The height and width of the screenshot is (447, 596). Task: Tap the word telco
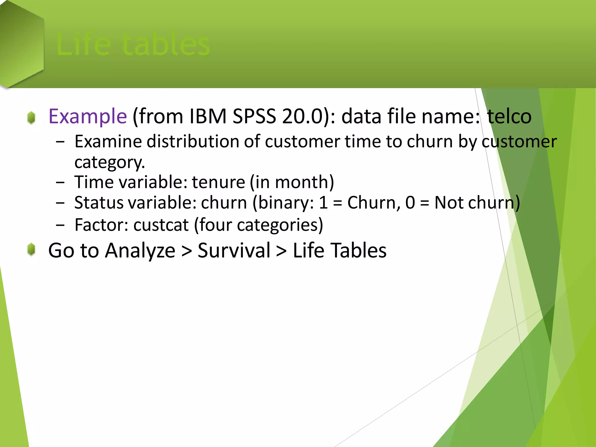(x=509, y=116)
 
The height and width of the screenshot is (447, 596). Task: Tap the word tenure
(x=218, y=182)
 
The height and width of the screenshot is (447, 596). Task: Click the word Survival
(x=234, y=251)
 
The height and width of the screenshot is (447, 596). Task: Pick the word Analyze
(x=140, y=251)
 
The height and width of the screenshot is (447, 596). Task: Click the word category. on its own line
(x=109, y=162)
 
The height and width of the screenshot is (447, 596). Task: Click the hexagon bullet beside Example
(x=31, y=118)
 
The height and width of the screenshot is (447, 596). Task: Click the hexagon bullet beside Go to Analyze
(x=31, y=250)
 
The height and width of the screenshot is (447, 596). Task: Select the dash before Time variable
(x=60, y=183)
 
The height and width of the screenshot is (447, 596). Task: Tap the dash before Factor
(x=60, y=225)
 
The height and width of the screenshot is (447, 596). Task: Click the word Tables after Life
(x=359, y=251)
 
